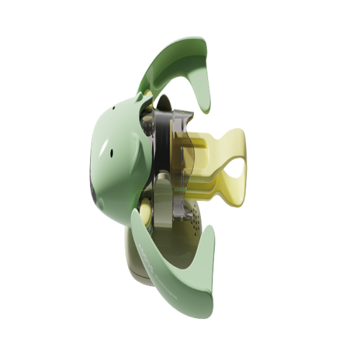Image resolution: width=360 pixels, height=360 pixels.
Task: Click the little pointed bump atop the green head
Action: tap(139, 96)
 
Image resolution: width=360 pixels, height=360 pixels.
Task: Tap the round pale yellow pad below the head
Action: tap(141, 211)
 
